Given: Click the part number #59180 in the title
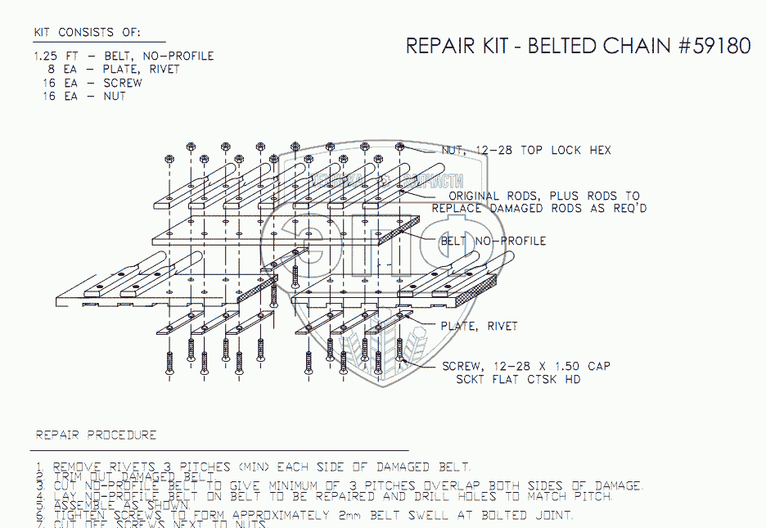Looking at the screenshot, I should coord(714,46).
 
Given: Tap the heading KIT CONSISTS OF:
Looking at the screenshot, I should coord(87,32).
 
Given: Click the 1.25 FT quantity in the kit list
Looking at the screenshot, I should coord(52,56).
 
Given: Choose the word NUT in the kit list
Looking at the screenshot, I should coord(115,96).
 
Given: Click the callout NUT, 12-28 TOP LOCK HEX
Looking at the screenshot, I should coord(525,151).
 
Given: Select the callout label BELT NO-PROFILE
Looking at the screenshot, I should coord(493,241).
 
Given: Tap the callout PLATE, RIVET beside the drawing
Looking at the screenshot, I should coord(479,326).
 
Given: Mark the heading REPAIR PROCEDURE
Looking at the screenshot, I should coord(96,435).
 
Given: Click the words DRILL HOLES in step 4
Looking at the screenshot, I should coord(455,496).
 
